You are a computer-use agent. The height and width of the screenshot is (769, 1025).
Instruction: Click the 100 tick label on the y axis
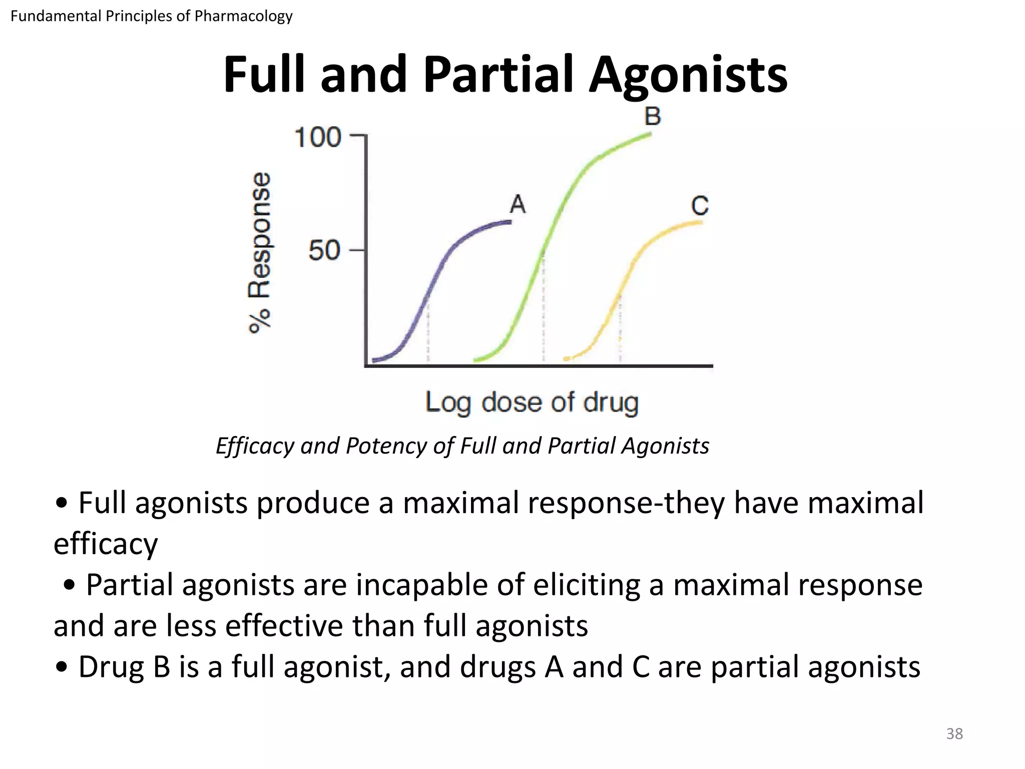[x=318, y=137]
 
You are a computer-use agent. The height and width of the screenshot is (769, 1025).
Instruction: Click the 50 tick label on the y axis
[x=324, y=250]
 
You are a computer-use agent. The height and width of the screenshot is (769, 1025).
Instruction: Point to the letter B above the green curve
[x=653, y=116]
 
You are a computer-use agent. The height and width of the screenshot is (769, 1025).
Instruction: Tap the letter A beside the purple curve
[x=518, y=204]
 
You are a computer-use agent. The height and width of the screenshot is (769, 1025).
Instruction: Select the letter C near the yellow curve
[x=700, y=206]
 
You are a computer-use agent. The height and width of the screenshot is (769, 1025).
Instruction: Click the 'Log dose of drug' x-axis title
[x=532, y=403]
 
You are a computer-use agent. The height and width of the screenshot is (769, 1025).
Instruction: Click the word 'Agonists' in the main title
[x=688, y=75]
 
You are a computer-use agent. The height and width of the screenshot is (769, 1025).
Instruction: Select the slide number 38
[x=954, y=734]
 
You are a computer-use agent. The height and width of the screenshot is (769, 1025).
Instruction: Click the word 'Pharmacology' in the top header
[x=243, y=16]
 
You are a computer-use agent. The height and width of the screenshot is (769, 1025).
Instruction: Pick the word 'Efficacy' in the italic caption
[x=254, y=446]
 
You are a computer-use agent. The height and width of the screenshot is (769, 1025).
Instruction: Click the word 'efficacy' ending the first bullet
[x=106, y=544]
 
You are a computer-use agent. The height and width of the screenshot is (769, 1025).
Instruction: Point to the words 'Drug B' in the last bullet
[x=124, y=667]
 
